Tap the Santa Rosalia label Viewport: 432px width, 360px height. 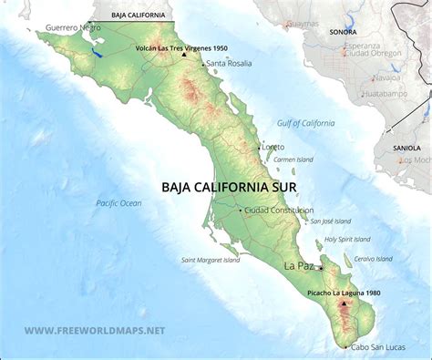pos(229,64)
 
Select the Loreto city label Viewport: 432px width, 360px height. pos(273,147)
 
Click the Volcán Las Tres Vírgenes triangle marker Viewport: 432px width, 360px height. pos(183,55)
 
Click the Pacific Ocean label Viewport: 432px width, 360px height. pos(119,203)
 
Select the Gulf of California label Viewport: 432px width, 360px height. pos(306,123)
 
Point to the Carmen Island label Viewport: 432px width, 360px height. pos(293,159)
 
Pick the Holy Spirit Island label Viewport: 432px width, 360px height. pos(348,239)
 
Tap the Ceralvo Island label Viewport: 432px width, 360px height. pos(373,258)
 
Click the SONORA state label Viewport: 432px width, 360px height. pos(343,30)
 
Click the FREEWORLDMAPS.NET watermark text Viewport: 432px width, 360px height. pos(95,330)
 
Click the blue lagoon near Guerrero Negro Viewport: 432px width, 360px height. pos(97,53)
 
